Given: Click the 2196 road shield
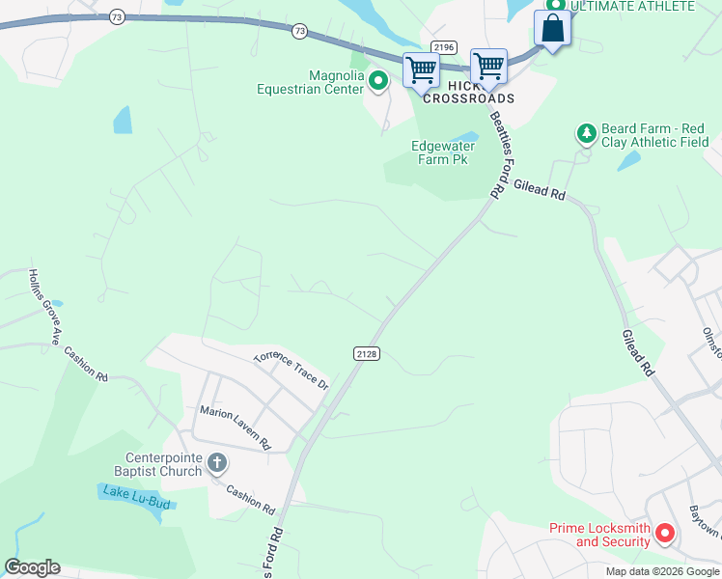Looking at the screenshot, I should pos(444,47).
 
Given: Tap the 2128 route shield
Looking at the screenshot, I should pos(366,354).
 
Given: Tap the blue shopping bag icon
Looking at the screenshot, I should pos(552,28).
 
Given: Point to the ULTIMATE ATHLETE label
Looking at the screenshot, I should pos(631,7).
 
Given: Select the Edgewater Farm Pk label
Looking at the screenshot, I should pos(443,152).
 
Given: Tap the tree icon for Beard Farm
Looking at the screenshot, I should pos(585,132).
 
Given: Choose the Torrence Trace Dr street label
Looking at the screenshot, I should pos(292,370).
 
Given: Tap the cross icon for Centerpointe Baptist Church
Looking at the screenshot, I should pos(217,464).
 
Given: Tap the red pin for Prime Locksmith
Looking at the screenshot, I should pos(665,532).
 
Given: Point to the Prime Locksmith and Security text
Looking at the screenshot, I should pos(599,535).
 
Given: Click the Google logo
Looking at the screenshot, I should pos(32,567).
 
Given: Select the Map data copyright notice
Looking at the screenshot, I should pos(662,571).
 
